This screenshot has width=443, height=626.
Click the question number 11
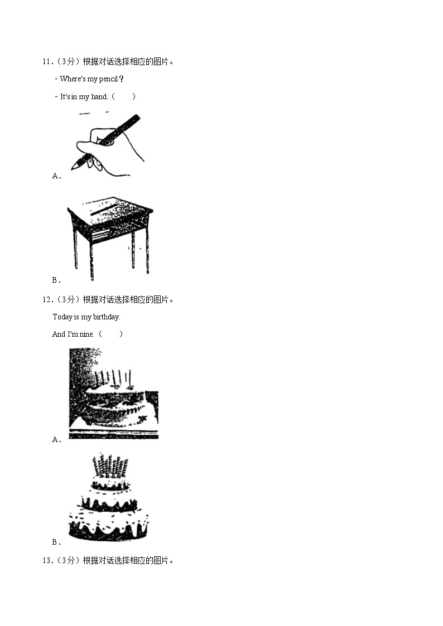click(47, 62)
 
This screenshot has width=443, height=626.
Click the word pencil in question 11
click(108, 79)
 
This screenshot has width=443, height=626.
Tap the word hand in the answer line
click(99, 96)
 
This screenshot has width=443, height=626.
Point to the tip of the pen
click(72, 168)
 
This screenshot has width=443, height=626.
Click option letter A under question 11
click(56, 176)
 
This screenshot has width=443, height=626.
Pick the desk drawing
click(110, 237)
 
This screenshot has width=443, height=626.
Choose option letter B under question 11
click(56, 280)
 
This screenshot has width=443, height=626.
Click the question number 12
click(47, 300)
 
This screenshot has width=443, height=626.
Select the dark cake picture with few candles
click(114, 394)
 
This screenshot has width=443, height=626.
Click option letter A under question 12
click(56, 440)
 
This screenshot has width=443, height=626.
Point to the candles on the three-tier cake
click(110, 465)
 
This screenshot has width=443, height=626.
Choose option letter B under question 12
click(56, 542)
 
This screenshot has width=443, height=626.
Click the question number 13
click(47, 561)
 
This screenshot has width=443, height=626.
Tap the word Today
click(62, 317)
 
